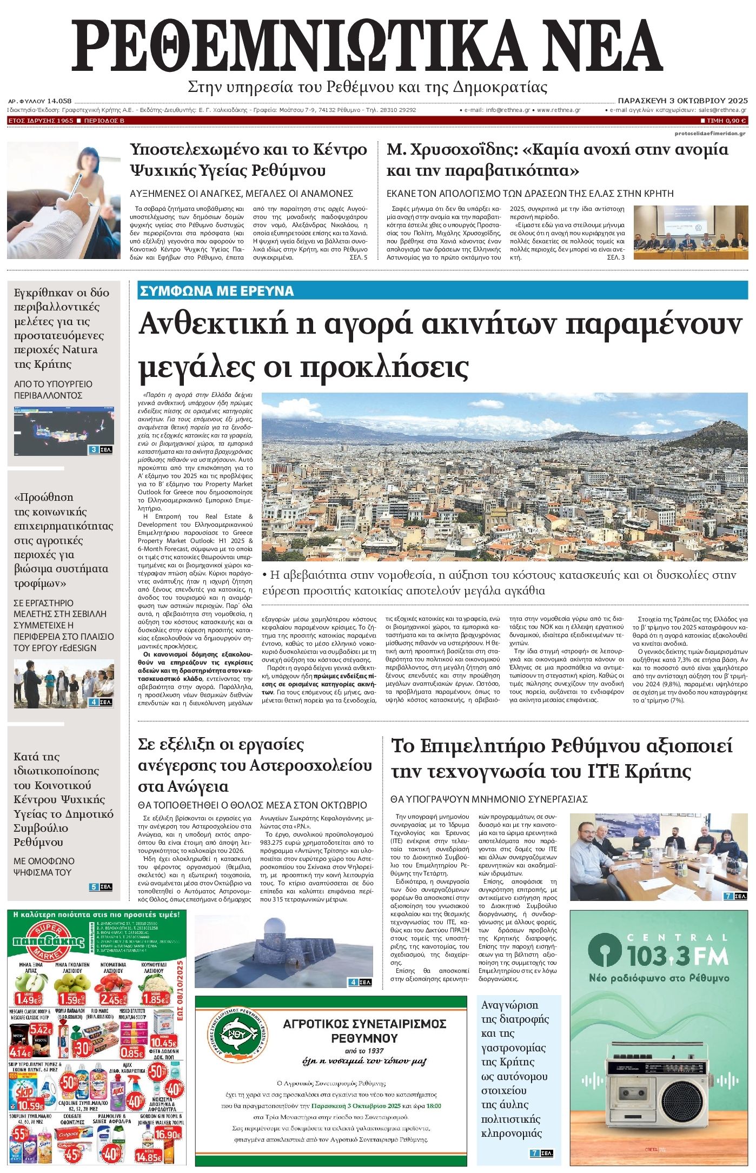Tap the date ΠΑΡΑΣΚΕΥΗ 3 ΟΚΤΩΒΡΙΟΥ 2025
click(682, 101)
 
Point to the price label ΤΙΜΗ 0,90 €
click(723, 120)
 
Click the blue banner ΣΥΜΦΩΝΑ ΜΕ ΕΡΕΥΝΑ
click(216, 291)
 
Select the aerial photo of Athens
click(504, 476)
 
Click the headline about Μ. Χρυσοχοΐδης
click(557, 160)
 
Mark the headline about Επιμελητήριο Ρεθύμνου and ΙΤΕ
click(561, 758)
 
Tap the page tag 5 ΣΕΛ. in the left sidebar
click(101, 887)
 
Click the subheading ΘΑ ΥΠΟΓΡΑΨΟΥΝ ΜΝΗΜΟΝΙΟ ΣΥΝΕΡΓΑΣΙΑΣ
click(489, 799)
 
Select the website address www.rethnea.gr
click(558, 110)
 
